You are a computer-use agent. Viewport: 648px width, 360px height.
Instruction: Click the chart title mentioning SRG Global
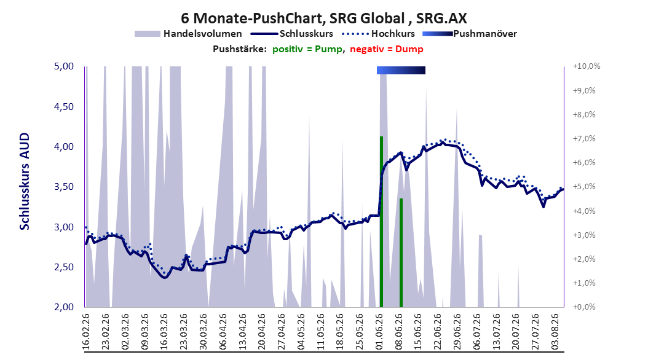324,18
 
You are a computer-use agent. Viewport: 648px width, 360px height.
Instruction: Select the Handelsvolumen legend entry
188,34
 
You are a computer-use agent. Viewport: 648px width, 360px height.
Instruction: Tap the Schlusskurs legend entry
291,34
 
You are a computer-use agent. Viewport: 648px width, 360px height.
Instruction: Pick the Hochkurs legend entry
378,34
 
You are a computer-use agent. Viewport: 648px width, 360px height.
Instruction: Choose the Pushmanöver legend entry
470,34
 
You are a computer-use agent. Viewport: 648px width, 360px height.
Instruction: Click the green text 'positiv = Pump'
307,49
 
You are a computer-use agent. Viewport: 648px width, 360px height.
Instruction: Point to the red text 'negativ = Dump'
387,49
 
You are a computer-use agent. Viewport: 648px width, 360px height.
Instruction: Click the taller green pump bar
381,222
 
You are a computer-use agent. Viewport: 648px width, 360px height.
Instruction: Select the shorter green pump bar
401,252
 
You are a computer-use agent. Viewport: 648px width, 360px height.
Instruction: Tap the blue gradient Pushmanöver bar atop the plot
401,70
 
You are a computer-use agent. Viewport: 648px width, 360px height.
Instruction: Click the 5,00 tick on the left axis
64,66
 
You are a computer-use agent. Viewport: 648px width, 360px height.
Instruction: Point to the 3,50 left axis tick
64,187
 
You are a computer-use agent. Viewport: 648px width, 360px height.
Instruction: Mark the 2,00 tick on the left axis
64,307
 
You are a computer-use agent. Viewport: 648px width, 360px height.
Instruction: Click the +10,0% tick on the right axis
587,66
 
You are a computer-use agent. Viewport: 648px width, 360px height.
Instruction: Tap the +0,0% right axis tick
584,307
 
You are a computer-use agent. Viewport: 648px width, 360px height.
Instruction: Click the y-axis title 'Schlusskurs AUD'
25,181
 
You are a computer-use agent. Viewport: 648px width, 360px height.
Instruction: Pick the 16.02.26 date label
86,332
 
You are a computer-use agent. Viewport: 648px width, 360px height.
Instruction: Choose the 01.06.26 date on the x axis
379,332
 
